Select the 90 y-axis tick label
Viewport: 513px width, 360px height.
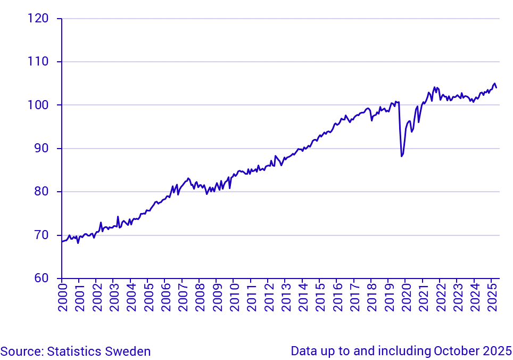click(40, 149)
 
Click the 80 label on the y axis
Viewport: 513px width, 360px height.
click(40, 192)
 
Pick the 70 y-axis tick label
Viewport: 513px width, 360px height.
click(40, 235)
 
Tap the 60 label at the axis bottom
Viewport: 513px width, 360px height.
click(40, 278)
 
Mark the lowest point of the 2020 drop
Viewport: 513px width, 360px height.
click(401, 156)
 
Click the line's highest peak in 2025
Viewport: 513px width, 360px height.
click(494, 84)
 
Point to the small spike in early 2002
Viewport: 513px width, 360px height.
click(101, 223)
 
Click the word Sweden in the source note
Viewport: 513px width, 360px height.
click(130, 351)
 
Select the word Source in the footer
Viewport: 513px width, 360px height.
click(21, 351)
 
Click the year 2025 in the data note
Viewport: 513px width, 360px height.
click(499, 351)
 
